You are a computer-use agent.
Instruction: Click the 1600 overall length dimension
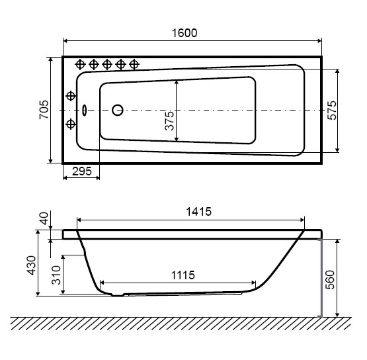pyautogui.click(x=184, y=33)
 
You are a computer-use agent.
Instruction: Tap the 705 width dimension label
pyautogui.click(x=44, y=110)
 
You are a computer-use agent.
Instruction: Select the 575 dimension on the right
pyautogui.click(x=332, y=111)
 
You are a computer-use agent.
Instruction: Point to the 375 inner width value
pyautogui.click(x=169, y=120)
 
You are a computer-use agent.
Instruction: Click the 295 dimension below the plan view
pyautogui.click(x=82, y=171)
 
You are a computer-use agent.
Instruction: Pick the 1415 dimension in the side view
pyautogui.click(x=199, y=212)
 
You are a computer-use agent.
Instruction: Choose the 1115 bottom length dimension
pyautogui.click(x=183, y=275)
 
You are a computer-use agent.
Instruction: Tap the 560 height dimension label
pyautogui.click(x=331, y=280)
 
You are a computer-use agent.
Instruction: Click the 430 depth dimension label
pyautogui.click(x=31, y=265)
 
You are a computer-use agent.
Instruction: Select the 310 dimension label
pyautogui.click(x=56, y=275)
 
